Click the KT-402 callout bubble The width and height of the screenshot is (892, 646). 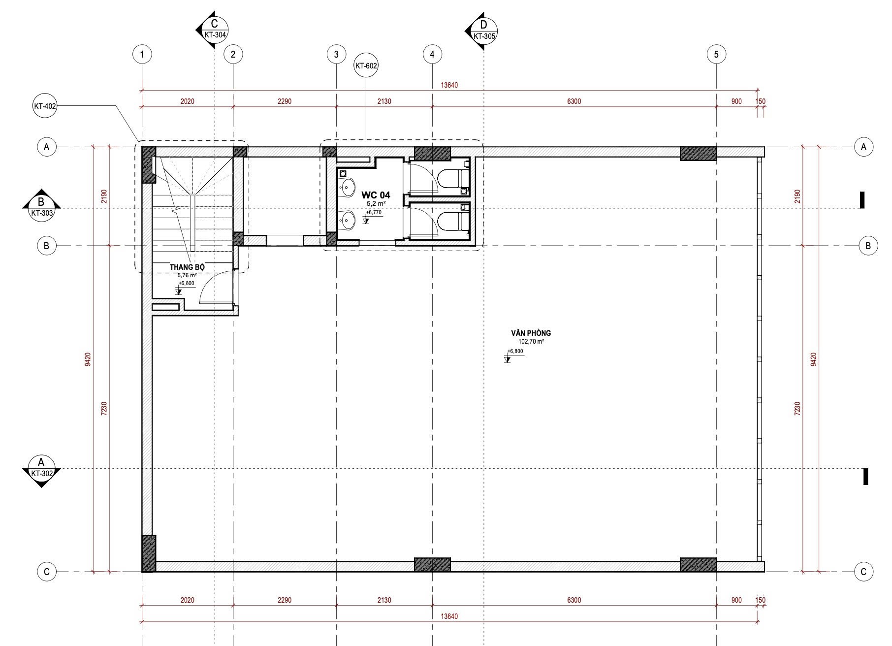tap(45, 106)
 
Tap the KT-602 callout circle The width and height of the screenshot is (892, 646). tap(366, 65)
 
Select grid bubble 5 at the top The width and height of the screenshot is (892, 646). tap(716, 54)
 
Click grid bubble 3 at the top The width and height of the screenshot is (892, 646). tap(336, 54)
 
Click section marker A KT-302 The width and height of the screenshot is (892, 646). tap(41, 469)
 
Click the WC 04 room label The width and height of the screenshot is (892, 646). tap(376, 195)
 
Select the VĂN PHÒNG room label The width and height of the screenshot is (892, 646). tap(531, 333)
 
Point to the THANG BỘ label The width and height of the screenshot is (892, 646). tap(187, 267)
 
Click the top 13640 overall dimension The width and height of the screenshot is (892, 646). tap(449, 85)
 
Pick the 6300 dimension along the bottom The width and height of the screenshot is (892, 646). tap(574, 600)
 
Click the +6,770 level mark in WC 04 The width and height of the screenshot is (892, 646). tap(373, 213)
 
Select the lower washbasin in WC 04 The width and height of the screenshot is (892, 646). tap(348, 220)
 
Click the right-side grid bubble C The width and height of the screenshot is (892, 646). tap(863, 572)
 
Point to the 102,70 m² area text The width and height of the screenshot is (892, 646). tap(531, 341)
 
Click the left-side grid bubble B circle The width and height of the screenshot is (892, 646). tap(46, 246)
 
